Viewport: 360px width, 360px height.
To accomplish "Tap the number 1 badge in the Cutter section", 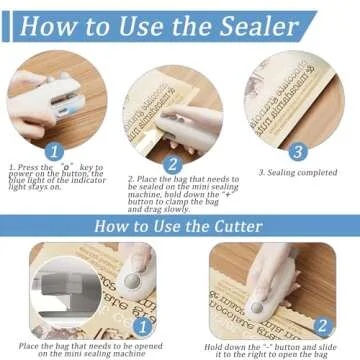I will [141, 326].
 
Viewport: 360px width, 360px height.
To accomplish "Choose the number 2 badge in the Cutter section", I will [321, 326].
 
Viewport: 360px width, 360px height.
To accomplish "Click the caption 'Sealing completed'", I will [299, 172].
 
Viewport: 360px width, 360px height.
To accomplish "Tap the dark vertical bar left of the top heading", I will [6, 27].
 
